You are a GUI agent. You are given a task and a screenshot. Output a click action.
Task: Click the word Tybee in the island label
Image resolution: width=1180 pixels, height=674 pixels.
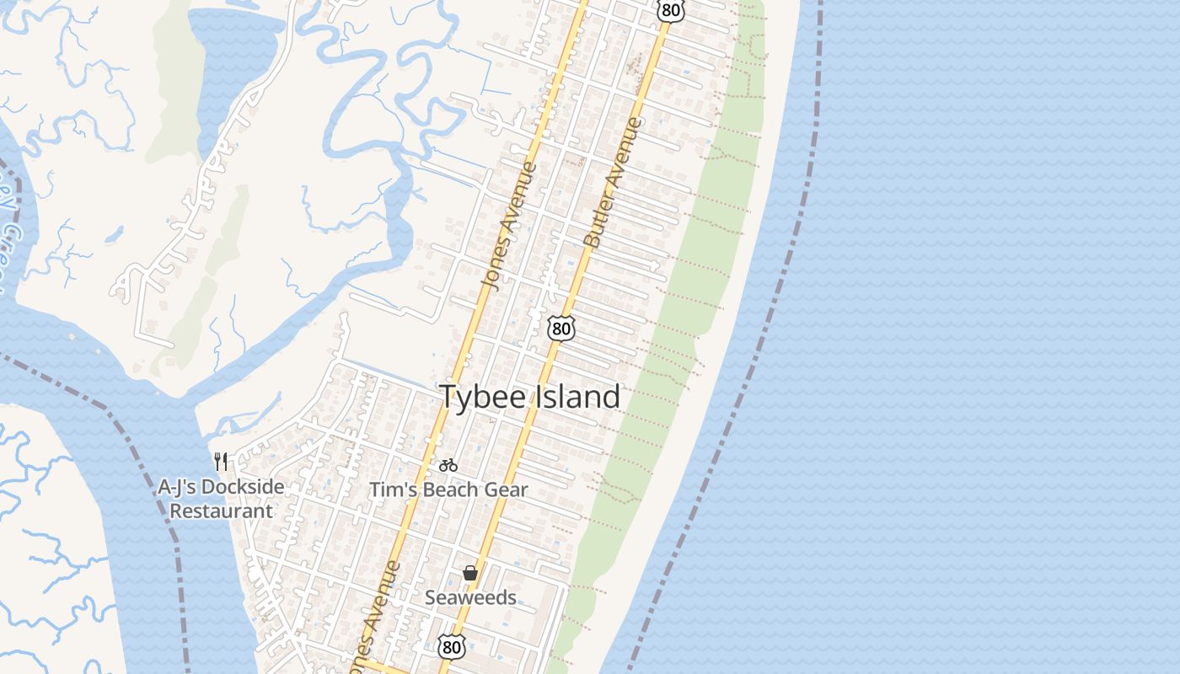coord(482,397)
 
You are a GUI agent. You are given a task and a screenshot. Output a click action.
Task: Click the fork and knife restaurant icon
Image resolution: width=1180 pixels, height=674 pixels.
coord(222,461)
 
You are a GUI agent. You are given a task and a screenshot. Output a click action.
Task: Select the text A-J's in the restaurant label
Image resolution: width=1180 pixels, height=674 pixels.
coord(177,487)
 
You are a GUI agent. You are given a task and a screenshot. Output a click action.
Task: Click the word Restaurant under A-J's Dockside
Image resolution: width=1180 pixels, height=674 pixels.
coord(222,511)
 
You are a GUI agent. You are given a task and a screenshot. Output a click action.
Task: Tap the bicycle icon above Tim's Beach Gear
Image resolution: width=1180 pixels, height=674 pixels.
coord(448,464)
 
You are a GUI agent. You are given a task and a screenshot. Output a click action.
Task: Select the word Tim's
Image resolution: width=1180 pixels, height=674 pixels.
coord(390,489)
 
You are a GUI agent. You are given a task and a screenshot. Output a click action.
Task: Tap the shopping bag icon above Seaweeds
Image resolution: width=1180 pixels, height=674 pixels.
coord(470,573)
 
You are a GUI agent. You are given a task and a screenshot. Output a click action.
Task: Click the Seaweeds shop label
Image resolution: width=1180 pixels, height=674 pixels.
coord(470,597)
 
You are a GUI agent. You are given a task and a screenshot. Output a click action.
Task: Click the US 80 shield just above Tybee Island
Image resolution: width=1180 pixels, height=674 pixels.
coord(560,328)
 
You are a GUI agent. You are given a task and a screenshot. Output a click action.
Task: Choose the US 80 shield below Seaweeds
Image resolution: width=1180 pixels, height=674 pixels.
coord(452,646)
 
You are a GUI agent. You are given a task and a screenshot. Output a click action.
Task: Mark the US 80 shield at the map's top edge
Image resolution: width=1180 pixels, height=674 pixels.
coord(671,10)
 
